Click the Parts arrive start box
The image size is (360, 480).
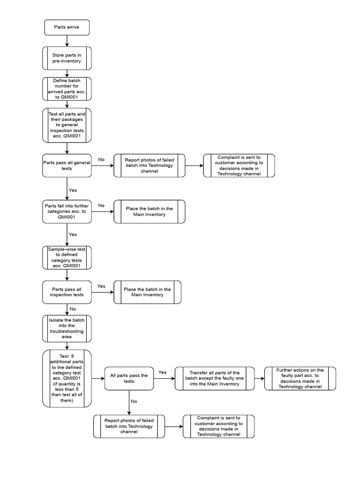pos(67,28)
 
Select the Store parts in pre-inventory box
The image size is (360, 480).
pos(67,58)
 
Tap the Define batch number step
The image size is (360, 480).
pos(67,89)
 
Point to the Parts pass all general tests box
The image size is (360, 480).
pos(67,165)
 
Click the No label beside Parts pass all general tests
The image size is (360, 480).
pos(101,159)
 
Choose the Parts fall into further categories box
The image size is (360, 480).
pos(67,211)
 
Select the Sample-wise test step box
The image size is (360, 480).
pos(67,257)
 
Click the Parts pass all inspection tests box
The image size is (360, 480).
pos(67,292)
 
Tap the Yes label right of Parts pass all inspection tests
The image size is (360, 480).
pos(101,286)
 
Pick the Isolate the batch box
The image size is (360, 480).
pos(67,328)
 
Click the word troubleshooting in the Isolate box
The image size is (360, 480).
pos(67,331)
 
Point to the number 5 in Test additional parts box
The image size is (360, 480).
pos(73,356)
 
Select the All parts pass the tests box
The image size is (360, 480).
pos(129,378)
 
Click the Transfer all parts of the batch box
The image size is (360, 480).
pos(215,378)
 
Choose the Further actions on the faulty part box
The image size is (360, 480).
pos(300,378)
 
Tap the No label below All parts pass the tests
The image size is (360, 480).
pos(134,401)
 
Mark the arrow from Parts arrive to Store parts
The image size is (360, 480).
pos(67,41)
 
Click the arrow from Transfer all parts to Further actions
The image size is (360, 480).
pos(259,378)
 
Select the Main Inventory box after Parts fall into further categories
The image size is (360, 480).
pos(150,211)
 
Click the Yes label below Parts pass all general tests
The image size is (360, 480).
pos(73,190)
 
